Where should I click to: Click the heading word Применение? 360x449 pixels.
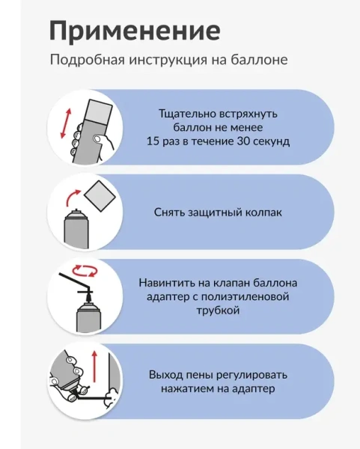[x=135, y=31]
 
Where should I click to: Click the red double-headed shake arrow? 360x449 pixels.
[x=66, y=123]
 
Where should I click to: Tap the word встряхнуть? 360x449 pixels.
[x=248, y=114]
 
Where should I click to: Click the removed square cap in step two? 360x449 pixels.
[x=100, y=196]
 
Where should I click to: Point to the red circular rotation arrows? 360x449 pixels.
[x=85, y=271]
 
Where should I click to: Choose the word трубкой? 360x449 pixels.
[x=218, y=311]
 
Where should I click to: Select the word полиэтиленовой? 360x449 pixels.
[x=245, y=296]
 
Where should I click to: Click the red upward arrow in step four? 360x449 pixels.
[x=94, y=367]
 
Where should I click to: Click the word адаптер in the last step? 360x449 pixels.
[x=253, y=389]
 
